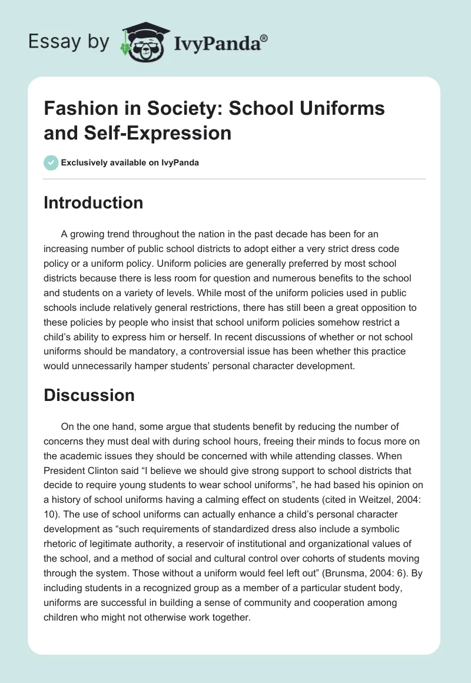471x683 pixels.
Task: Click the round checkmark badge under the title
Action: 51,163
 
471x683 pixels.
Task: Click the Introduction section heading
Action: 93,203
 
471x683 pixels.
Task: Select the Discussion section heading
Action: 89,395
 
